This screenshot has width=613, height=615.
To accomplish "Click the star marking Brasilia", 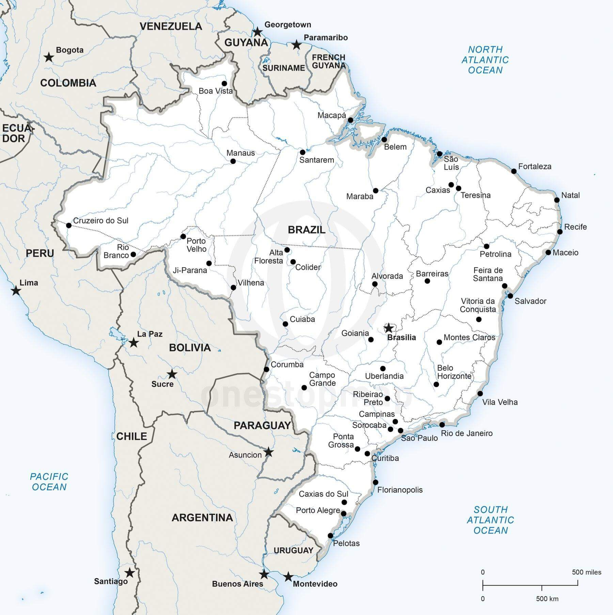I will [x=389, y=328].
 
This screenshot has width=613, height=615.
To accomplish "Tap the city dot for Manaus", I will [x=233, y=161].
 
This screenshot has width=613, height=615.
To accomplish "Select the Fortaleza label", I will [x=535, y=167].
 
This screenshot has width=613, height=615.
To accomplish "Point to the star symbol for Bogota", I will [x=49, y=57].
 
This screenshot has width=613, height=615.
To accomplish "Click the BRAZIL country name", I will [x=306, y=230].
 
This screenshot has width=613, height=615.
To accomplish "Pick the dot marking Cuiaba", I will [x=285, y=324].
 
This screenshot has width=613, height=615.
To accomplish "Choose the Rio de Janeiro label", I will [x=467, y=433].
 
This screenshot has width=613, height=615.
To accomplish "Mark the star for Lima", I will [x=16, y=291].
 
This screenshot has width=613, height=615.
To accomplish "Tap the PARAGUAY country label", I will [x=262, y=425].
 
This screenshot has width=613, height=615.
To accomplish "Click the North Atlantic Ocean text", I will [x=485, y=60].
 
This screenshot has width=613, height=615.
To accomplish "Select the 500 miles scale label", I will [x=586, y=572].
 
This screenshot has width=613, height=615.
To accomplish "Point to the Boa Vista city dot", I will [x=224, y=83].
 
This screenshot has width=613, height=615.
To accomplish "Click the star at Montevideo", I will [x=288, y=577].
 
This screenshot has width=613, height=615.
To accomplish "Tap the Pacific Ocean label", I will [x=49, y=481].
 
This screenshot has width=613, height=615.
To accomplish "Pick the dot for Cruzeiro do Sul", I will [x=69, y=225].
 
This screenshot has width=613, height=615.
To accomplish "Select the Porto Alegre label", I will [x=318, y=510].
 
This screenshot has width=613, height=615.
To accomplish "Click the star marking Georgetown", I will [x=258, y=32].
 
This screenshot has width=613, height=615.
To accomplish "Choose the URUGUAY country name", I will [x=293, y=550].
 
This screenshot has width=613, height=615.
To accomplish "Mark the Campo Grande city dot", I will [x=304, y=388].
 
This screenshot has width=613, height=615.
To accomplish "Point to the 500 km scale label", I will [x=547, y=599].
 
